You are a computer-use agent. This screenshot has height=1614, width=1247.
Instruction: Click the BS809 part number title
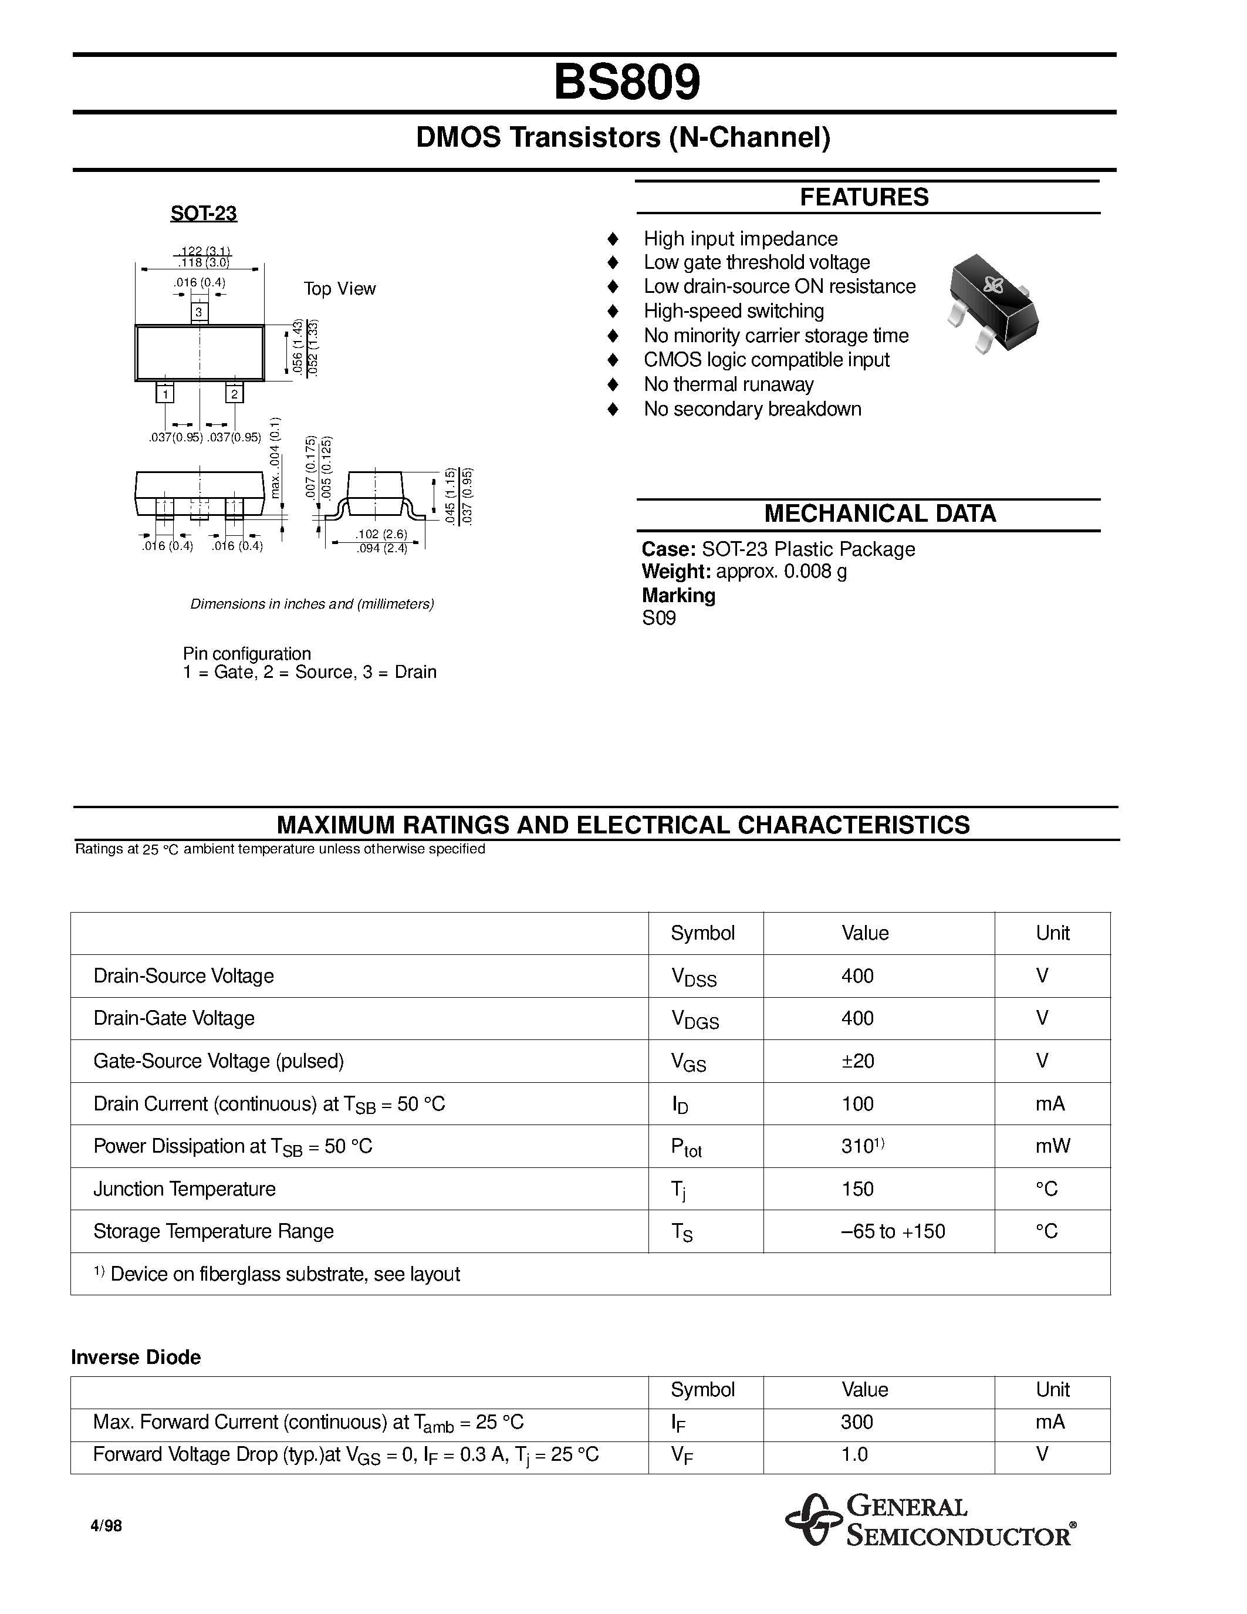627,83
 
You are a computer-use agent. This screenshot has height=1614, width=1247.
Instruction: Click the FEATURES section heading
864,197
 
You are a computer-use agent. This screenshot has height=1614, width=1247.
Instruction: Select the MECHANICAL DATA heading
879,514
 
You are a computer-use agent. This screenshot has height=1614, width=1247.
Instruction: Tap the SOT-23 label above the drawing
203,214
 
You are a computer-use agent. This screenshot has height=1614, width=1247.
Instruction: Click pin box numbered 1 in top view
165,394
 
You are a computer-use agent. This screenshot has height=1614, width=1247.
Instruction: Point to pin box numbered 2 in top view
234,394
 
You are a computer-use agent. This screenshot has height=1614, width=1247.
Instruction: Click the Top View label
339,289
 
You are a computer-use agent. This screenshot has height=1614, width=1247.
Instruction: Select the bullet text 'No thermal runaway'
728,384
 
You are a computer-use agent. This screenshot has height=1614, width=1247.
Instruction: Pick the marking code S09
658,619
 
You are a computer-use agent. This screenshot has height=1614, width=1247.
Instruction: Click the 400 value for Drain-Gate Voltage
857,1018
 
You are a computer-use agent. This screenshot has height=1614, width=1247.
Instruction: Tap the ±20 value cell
857,1061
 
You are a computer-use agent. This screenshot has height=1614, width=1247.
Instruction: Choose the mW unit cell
1052,1146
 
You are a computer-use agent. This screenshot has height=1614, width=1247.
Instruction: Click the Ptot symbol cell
685,1147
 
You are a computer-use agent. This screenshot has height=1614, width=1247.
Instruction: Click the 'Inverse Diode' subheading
136,1358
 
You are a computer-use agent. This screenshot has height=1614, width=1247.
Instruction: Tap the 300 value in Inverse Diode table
857,1422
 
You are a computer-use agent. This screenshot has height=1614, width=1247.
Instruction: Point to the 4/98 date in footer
106,1526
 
